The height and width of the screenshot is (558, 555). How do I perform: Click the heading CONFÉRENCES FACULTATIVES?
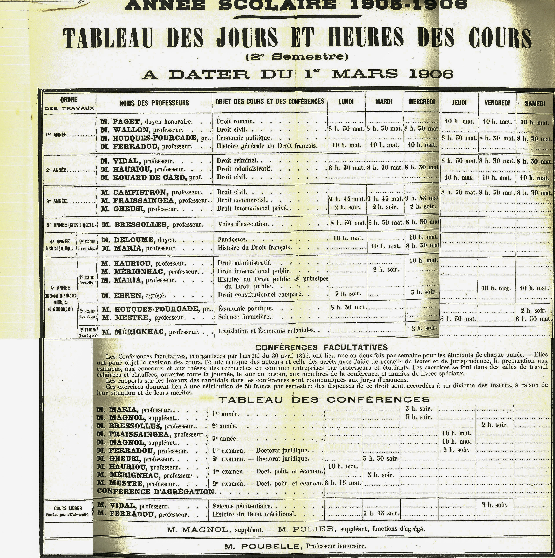click(x=321, y=347)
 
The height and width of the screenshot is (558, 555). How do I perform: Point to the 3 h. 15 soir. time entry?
click(x=381, y=513)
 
